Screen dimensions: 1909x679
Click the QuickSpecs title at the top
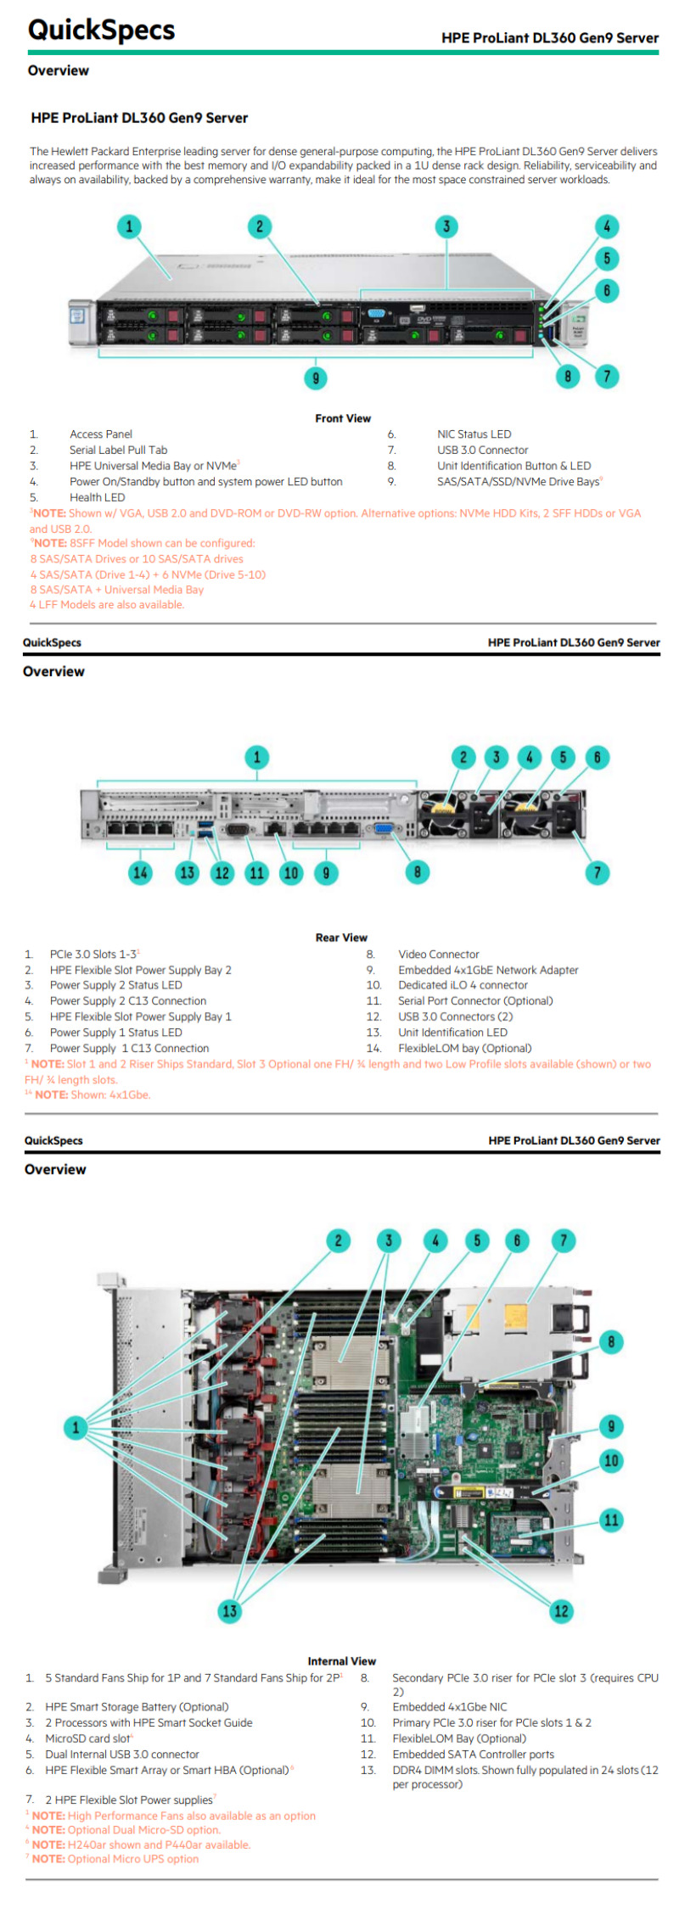click(101, 31)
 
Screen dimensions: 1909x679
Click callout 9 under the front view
click(316, 378)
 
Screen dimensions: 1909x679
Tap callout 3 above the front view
click(446, 227)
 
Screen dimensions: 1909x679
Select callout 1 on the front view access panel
click(129, 227)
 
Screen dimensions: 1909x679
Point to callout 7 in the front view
click(606, 376)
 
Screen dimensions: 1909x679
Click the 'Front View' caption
click(342, 418)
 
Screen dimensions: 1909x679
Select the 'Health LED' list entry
click(97, 498)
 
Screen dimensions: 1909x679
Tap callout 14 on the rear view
click(140, 872)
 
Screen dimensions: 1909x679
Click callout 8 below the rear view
click(417, 871)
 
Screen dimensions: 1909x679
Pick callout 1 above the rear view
click(257, 757)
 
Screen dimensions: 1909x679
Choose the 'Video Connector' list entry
click(438, 954)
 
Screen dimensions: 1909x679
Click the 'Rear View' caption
click(341, 938)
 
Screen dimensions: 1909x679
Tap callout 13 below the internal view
click(229, 1610)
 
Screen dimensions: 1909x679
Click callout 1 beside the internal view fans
click(76, 1427)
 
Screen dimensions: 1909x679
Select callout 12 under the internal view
click(561, 1610)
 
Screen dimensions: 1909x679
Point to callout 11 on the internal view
click(611, 1520)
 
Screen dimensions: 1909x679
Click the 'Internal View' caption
click(341, 1661)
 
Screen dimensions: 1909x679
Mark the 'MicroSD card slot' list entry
click(88, 1738)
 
